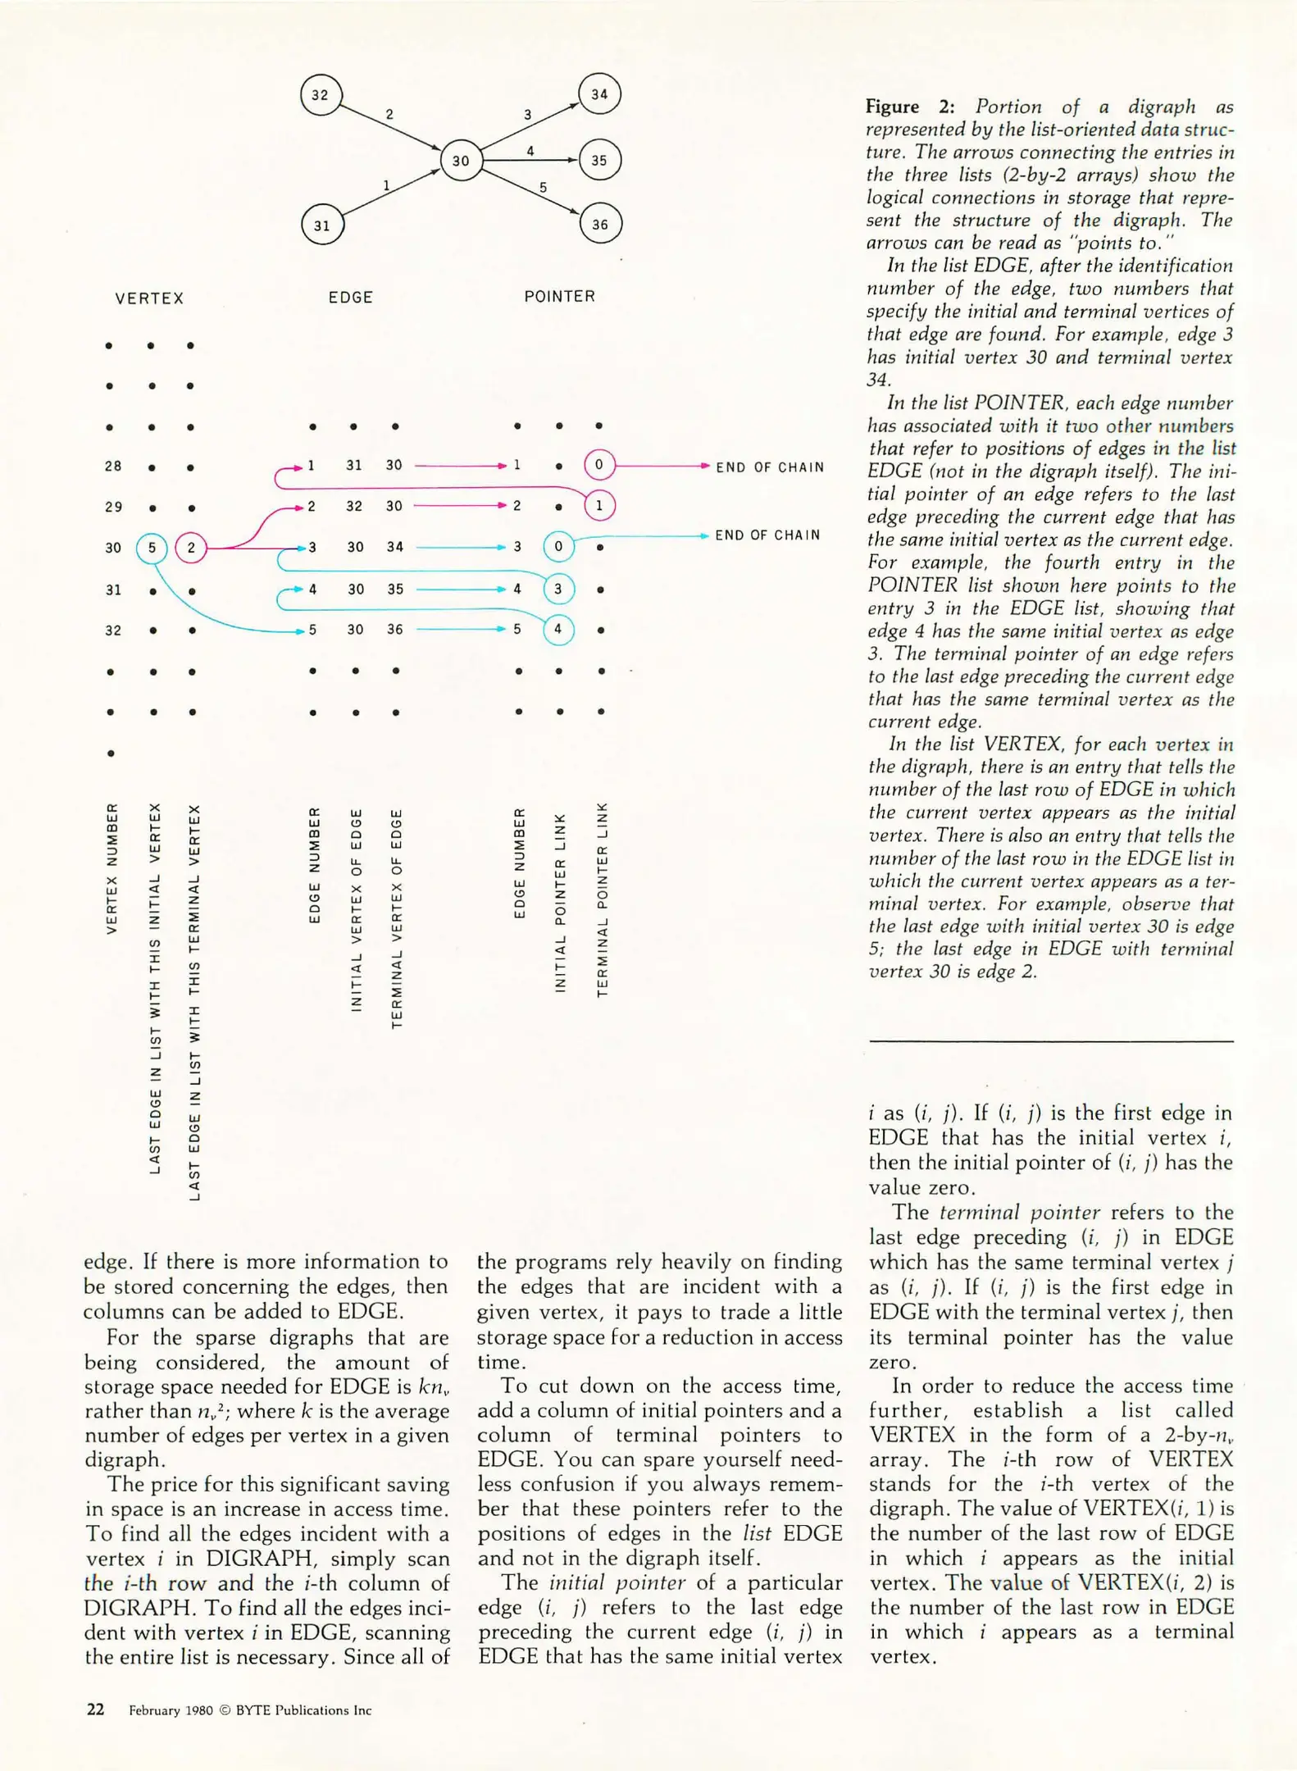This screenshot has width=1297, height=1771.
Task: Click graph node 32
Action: [321, 95]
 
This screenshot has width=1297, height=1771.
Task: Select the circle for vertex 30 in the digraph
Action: [461, 161]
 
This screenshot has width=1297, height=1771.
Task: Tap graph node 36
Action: [600, 224]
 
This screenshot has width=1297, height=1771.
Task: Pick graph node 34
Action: [599, 94]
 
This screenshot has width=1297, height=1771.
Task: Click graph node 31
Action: [322, 225]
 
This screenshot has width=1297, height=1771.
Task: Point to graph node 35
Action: [599, 160]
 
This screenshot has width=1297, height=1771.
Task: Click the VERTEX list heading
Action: [149, 298]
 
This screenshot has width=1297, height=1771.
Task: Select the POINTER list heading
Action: [559, 297]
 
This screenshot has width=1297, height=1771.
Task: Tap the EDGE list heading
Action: [350, 298]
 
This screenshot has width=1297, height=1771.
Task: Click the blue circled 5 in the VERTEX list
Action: [152, 548]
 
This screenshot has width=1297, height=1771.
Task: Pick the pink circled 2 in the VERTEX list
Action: [191, 548]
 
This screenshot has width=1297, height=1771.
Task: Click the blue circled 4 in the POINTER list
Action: [558, 630]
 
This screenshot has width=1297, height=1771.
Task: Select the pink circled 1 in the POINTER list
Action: [599, 506]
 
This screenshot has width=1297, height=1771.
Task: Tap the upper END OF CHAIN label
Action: [770, 467]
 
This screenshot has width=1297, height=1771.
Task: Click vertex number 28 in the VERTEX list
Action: [113, 467]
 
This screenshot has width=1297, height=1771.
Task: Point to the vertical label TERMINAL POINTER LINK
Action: [603, 899]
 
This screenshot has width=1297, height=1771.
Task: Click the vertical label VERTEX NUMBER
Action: [112, 867]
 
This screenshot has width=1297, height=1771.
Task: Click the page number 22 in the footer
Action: [96, 1710]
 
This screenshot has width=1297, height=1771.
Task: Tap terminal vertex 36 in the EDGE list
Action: [395, 630]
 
